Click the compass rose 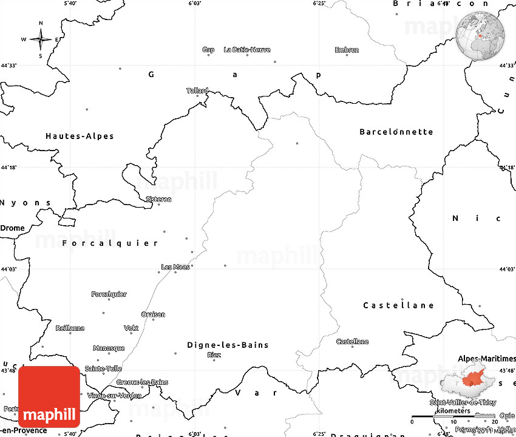41,40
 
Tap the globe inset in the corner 481,35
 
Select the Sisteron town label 159,199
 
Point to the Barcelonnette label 396,132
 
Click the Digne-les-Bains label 228,345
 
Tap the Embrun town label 347,50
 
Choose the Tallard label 197,90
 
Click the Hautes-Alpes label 80,136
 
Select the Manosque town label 109,348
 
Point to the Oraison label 153,314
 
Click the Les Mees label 175,266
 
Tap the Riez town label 214,354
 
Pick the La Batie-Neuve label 247,50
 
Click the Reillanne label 70,328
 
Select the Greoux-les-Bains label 143,382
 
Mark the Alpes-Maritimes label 486,359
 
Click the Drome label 13,228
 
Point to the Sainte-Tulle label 103,368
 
